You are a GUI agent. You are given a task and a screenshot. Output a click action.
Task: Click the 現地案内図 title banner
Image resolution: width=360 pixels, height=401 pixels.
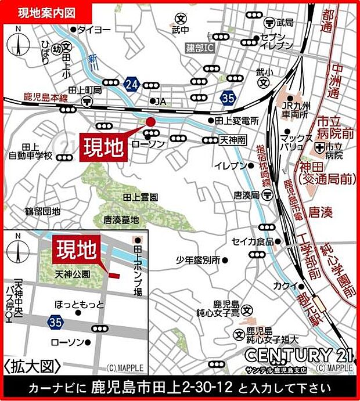point(46,12)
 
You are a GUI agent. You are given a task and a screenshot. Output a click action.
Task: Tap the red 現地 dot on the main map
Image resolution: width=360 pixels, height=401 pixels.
point(150,121)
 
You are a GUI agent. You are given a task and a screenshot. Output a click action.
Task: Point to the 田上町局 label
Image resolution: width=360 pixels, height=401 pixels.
point(85,91)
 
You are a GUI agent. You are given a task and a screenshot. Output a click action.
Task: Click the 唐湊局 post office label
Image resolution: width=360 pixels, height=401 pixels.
point(246,195)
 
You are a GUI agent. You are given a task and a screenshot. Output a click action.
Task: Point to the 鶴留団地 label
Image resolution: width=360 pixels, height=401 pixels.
point(42,212)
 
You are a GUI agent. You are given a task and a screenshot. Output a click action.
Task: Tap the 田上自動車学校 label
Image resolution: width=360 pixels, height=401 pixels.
point(30,152)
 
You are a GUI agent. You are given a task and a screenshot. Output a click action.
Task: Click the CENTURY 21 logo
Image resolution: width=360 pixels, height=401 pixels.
point(297,354)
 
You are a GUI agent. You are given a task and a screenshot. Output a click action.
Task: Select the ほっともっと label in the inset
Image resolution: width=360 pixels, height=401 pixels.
point(80,304)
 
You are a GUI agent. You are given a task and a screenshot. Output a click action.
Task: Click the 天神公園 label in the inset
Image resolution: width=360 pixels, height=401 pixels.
point(73,273)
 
